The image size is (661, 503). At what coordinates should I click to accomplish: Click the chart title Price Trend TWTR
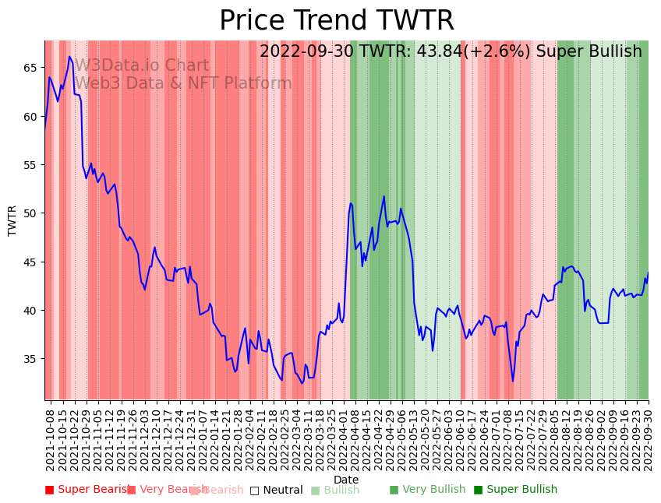(x=336, y=21)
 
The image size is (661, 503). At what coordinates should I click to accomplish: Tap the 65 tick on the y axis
(x=30, y=68)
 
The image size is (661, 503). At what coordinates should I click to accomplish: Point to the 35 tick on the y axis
(x=30, y=359)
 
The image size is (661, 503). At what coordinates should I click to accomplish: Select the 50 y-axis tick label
(x=30, y=213)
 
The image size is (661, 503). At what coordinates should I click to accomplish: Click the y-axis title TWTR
(x=12, y=220)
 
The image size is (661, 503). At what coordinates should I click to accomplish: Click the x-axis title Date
(x=346, y=480)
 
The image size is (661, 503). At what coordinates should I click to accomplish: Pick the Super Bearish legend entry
(x=88, y=490)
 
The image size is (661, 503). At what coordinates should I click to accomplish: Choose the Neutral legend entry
(x=276, y=490)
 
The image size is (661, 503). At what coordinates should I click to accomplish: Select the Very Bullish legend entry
(x=427, y=490)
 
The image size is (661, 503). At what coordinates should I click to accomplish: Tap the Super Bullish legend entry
(x=515, y=490)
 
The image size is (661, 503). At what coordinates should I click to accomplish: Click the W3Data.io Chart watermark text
(x=142, y=66)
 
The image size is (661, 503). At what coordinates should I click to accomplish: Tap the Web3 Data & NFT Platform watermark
(x=183, y=84)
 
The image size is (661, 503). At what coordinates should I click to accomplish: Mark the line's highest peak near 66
(x=69, y=56)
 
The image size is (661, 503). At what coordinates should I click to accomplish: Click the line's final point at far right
(x=648, y=273)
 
